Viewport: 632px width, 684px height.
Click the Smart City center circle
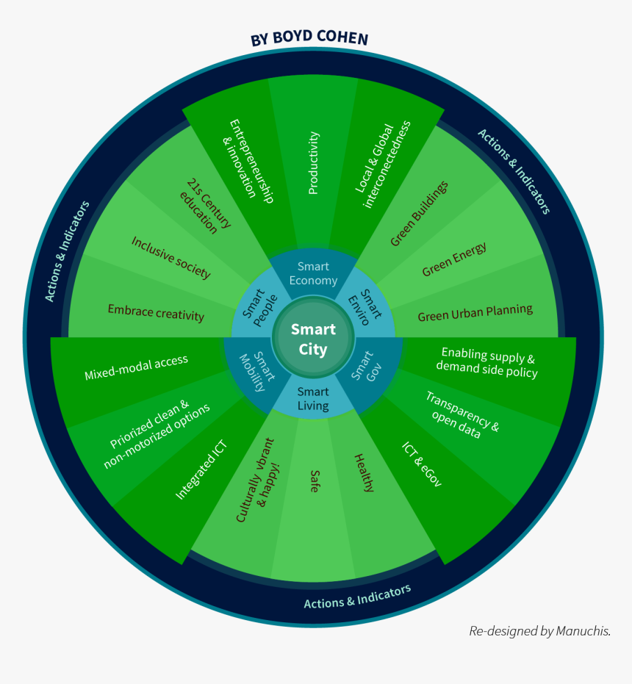click(313, 339)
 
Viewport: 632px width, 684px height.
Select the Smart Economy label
click(313, 273)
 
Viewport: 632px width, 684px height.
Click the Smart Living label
click(313, 399)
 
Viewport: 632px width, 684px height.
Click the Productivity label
click(314, 163)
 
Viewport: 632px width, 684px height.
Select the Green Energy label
click(454, 260)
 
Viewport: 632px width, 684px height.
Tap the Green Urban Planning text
click(475, 312)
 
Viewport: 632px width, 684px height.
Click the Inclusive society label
click(171, 257)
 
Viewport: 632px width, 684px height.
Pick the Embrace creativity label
click(156, 312)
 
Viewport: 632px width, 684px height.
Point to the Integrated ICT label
click(201, 470)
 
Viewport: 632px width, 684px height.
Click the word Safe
click(315, 481)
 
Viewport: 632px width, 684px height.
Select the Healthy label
click(364, 472)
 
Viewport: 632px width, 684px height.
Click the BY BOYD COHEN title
click(309, 38)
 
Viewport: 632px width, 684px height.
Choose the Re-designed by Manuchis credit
click(540, 630)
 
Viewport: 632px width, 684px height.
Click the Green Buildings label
click(419, 214)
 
